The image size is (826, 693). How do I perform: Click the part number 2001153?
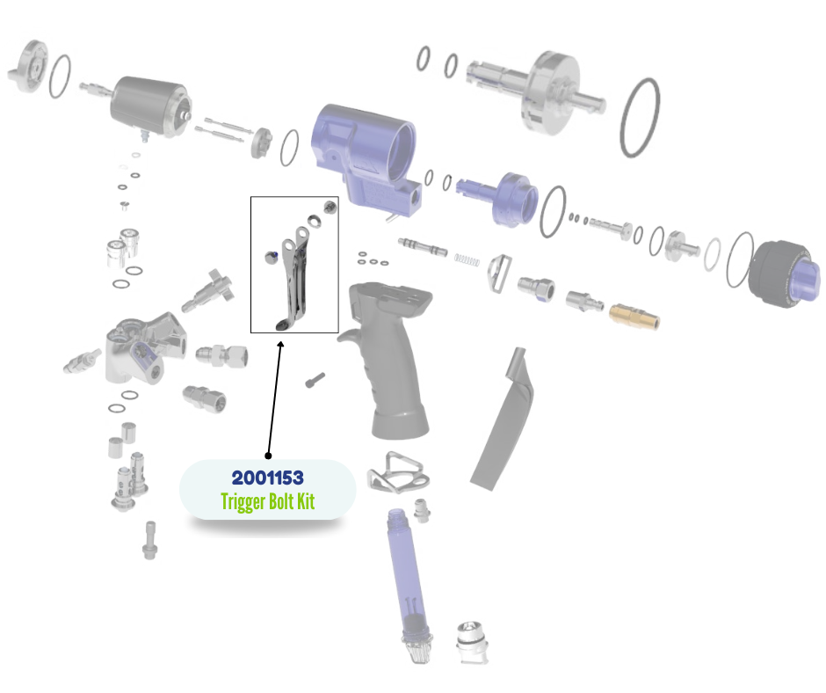pyautogui.click(x=268, y=478)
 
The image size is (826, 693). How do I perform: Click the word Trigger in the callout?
pyautogui.click(x=243, y=501)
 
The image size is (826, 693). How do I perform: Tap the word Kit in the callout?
pyautogui.click(x=306, y=501)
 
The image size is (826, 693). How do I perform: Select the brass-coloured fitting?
pyautogui.click(x=634, y=316)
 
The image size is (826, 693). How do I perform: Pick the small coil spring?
pyautogui.click(x=467, y=259)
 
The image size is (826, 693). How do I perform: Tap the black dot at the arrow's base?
pyautogui.click(x=268, y=456)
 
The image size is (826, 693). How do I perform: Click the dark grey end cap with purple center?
pyautogui.click(x=783, y=274)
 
